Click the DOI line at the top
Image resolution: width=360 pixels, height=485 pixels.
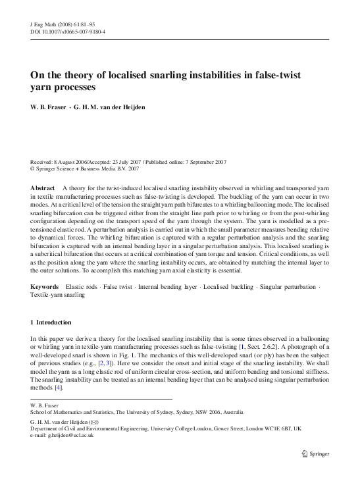68,31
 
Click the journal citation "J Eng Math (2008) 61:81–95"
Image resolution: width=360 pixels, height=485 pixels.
60,23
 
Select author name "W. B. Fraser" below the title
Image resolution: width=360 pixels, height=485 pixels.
53,107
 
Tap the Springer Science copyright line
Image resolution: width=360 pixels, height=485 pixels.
85,168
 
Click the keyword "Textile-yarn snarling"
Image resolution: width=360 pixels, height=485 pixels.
58,295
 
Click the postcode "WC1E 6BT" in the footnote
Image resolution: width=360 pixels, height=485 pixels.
273,427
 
